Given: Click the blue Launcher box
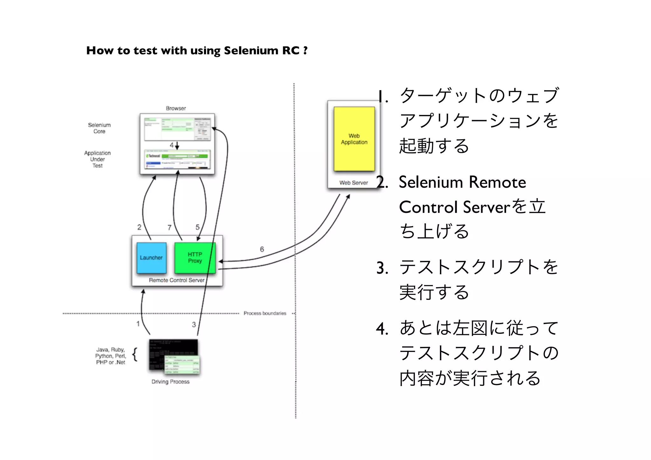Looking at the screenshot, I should (151, 258).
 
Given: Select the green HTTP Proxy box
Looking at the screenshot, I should (195, 258).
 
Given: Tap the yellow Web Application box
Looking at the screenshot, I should (354, 139).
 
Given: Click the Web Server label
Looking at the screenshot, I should (353, 183).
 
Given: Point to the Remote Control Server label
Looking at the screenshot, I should (176, 280).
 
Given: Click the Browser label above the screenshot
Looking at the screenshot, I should (176, 108).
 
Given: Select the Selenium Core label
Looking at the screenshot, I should (99, 128).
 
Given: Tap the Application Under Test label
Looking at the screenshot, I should (97, 159).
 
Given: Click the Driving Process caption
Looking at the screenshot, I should (170, 382).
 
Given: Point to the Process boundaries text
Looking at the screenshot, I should (265, 313).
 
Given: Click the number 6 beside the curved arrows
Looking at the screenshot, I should (262, 249).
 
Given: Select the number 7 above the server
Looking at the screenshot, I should (169, 227).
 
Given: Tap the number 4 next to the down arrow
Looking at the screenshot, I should (172, 145).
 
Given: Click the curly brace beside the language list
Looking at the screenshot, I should (135, 355).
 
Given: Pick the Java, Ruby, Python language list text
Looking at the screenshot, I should (111, 356).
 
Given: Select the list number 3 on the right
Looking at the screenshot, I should (382, 268).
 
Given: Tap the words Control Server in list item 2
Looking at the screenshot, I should (455, 207).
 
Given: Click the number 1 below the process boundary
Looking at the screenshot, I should (138, 324).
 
